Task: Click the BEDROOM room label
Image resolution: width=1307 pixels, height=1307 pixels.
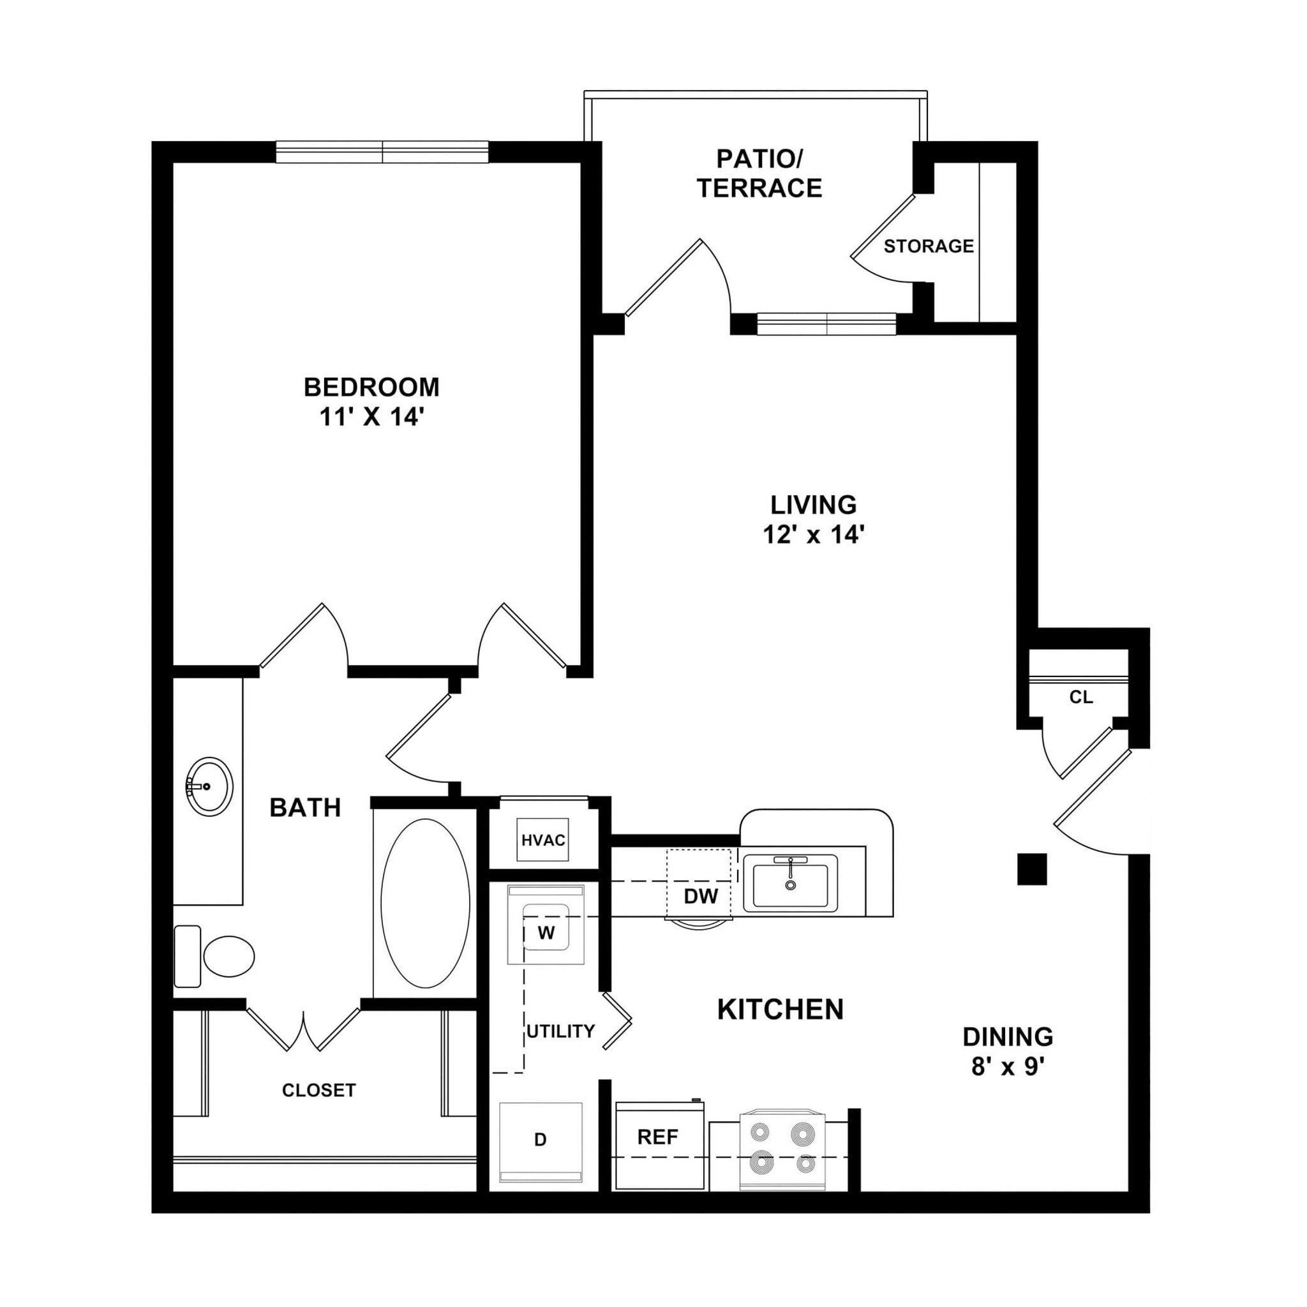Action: (371, 387)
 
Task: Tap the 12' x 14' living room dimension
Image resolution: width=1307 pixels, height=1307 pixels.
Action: (814, 534)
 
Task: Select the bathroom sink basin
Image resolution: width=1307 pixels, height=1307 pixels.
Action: (209, 787)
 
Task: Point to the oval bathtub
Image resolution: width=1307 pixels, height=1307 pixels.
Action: (425, 903)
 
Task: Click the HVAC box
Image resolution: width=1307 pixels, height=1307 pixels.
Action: (542, 840)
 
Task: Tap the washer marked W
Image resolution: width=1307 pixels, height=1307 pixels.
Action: (545, 933)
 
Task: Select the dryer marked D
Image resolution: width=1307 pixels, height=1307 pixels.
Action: (540, 1140)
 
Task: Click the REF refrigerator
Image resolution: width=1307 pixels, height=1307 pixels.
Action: (657, 1137)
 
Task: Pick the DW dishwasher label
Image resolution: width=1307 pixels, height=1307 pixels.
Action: (701, 897)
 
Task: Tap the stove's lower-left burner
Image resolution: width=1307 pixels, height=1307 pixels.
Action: (762, 1161)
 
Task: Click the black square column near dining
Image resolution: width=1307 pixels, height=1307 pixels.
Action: (1032, 869)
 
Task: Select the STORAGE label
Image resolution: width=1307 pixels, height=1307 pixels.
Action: (928, 246)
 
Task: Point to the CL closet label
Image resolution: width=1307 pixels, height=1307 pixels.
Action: (1080, 698)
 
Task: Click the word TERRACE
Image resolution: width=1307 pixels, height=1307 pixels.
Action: (759, 188)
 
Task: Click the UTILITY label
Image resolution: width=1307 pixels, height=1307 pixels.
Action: (560, 1031)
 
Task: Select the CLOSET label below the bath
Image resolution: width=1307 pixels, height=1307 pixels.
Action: (318, 1090)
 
